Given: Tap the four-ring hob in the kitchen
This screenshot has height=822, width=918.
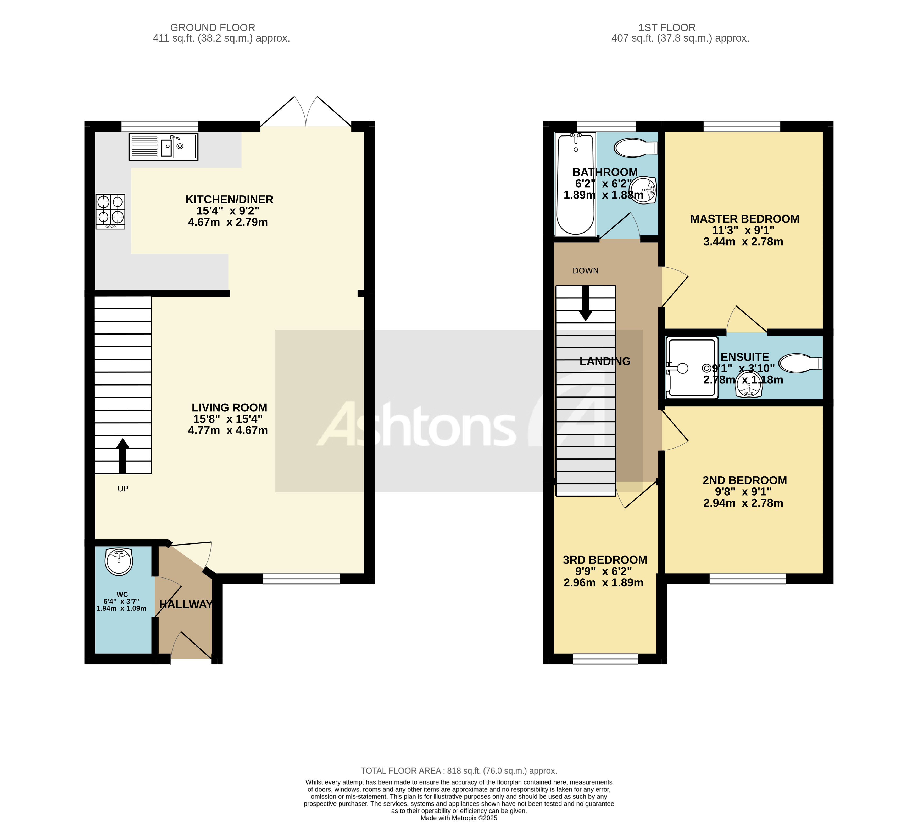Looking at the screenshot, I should pyautogui.click(x=110, y=211).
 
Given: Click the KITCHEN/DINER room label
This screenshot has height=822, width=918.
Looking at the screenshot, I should pyautogui.click(x=229, y=200).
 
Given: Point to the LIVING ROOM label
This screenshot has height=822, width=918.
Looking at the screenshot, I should pyautogui.click(x=229, y=407).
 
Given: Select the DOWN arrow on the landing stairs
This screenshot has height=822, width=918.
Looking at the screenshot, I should pyautogui.click(x=586, y=303).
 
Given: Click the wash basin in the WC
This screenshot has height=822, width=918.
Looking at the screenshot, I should pyautogui.click(x=119, y=562).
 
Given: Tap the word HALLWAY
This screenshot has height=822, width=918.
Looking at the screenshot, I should pyautogui.click(x=185, y=604).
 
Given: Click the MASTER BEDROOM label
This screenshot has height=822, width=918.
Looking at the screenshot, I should pyautogui.click(x=744, y=219).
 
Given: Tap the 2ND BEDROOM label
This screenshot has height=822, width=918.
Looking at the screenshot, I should pyautogui.click(x=744, y=480).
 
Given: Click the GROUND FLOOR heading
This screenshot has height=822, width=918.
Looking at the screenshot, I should pyautogui.click(x=213, y=27).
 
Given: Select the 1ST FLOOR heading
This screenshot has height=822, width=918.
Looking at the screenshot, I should pyautogui.click(x=667, y=27).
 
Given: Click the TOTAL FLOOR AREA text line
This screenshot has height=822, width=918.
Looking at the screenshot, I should pyautogui.click(x=458, y=771).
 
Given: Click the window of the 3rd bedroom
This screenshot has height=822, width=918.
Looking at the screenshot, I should pyautogui.click(x=605, y=659).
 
